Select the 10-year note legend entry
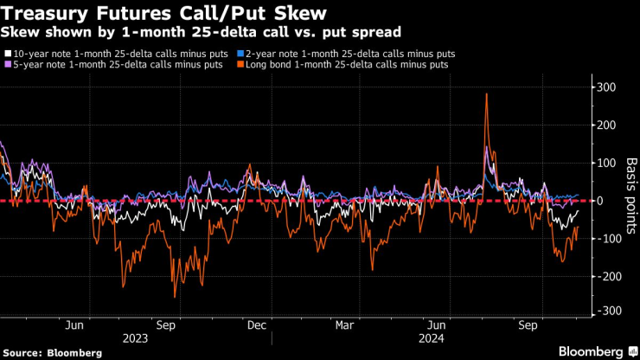[x=118, y=53]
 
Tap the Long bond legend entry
[x=343, y=65]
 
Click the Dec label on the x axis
[x=256, y=325]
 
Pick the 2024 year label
[x=430, y=340]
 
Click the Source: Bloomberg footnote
[x=52, y=353]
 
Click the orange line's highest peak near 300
[x=487, y=93]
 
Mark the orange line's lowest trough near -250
[x=175, y=297]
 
